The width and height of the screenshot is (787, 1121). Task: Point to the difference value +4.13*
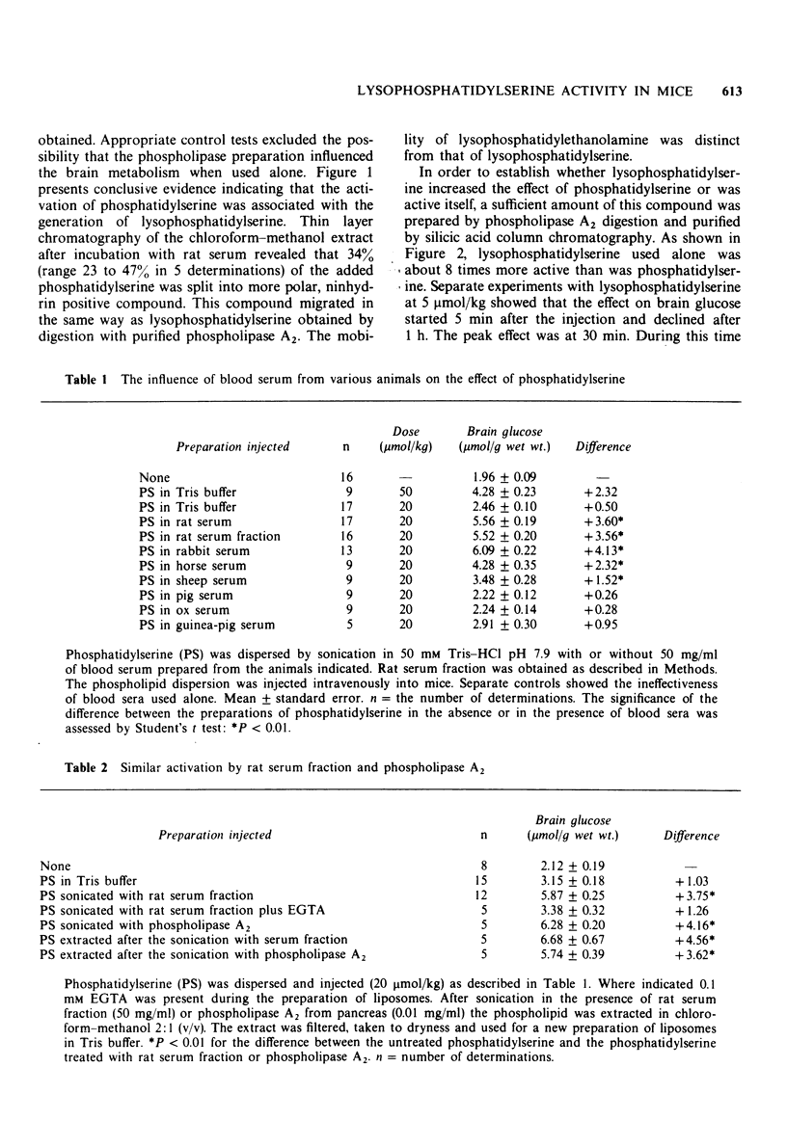tap(602, 550)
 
